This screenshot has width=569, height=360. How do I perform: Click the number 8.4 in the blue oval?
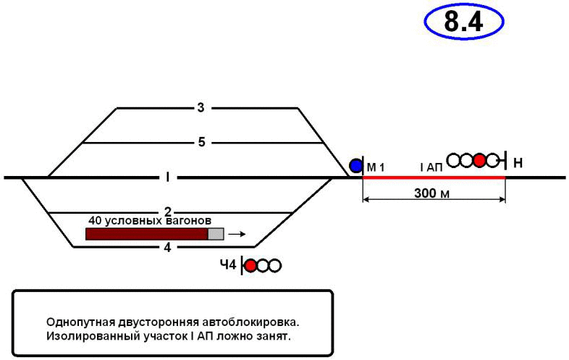[463, 22]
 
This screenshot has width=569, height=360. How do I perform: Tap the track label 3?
[201, 108]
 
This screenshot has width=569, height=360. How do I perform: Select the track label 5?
[203, 142]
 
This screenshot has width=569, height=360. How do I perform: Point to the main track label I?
[167, 177]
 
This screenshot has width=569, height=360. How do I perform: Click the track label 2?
[167, 212]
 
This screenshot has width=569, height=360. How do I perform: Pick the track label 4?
[167, 247]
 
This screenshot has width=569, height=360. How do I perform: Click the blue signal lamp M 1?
[355, 166]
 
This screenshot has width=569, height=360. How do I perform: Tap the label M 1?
[375, 168]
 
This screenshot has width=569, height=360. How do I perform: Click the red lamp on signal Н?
[479, 160]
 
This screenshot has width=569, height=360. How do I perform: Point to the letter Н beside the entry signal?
[518, 162]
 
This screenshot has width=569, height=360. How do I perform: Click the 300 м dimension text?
[433, 193]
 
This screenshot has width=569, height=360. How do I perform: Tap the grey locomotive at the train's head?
[216, 234]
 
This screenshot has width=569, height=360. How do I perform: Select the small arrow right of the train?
[237, 234]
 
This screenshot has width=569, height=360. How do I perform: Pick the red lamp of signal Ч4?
[250, 266]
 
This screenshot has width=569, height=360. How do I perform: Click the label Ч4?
[228, 266]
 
